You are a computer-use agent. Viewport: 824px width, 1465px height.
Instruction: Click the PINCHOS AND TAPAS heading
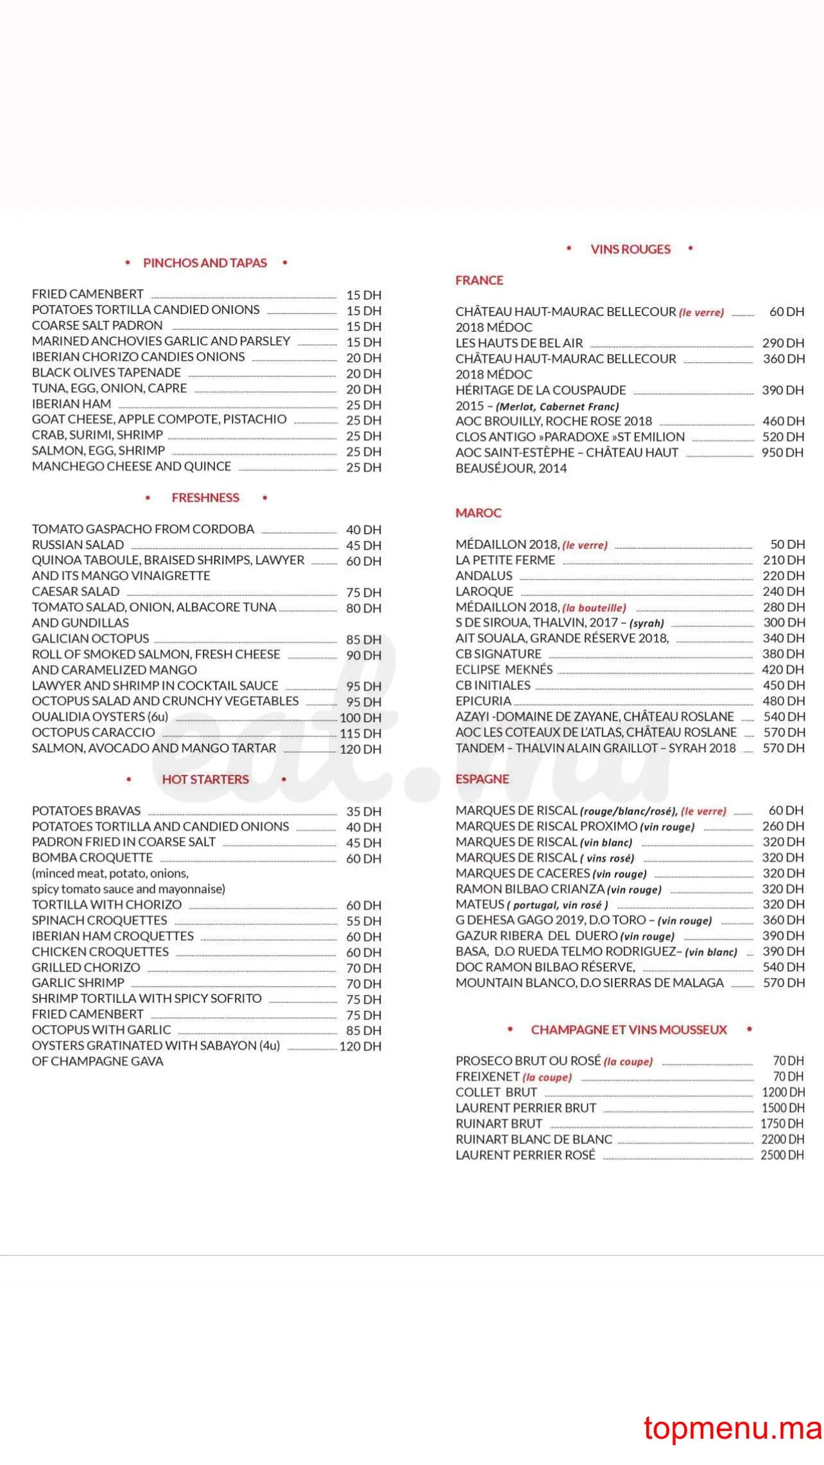click(205, 263)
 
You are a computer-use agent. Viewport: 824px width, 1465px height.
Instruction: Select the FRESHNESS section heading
click(205, 498)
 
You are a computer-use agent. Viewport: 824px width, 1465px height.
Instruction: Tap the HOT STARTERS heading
click(205, 779)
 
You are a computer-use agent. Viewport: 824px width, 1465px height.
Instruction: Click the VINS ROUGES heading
click(630, 250)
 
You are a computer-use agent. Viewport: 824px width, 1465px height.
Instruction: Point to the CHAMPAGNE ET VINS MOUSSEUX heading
click(629, 1030)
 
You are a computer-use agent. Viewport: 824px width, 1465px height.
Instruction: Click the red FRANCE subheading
click(479, 281)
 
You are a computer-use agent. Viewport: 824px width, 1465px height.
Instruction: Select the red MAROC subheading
click(478, 513)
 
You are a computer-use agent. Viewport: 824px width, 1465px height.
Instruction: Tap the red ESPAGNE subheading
click(482, 779)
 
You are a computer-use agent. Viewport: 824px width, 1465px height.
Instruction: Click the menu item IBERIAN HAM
click(71, 404)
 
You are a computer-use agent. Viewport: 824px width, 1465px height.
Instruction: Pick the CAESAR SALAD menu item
click(76, 592)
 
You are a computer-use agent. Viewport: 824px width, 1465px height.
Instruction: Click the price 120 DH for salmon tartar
click(360, 749)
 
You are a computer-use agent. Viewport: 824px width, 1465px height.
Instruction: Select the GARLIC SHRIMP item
click(78, 983)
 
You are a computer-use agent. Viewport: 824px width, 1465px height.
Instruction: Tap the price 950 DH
click(782, 453)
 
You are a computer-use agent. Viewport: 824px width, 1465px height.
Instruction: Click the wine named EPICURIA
click(483, 701)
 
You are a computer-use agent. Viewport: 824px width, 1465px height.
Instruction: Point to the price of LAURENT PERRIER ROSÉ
click(782, 1155)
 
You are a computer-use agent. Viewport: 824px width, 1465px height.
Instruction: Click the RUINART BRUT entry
click(499, 1123)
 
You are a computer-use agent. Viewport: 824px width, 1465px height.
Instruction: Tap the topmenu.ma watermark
click(732, 1429)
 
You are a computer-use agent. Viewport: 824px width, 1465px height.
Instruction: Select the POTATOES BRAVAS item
click(86, 811)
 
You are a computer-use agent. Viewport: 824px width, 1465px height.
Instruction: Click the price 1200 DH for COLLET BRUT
click(782, 1093)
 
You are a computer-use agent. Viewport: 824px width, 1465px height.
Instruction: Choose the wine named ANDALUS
click(484, 576)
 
